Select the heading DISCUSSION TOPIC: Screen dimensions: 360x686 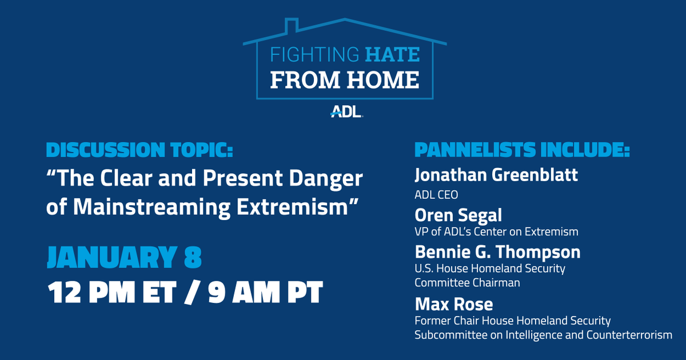pos(139,151)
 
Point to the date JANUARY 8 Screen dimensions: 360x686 pos(124,258)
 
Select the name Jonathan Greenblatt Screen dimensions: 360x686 pos(496,175)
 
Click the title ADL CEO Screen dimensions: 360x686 pos(436,195)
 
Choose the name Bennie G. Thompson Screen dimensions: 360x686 pos(497,251)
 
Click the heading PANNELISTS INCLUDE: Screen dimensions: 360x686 pos(522,151)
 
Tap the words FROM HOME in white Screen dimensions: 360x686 pos(345,80)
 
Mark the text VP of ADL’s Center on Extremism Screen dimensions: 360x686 pos(496,231)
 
